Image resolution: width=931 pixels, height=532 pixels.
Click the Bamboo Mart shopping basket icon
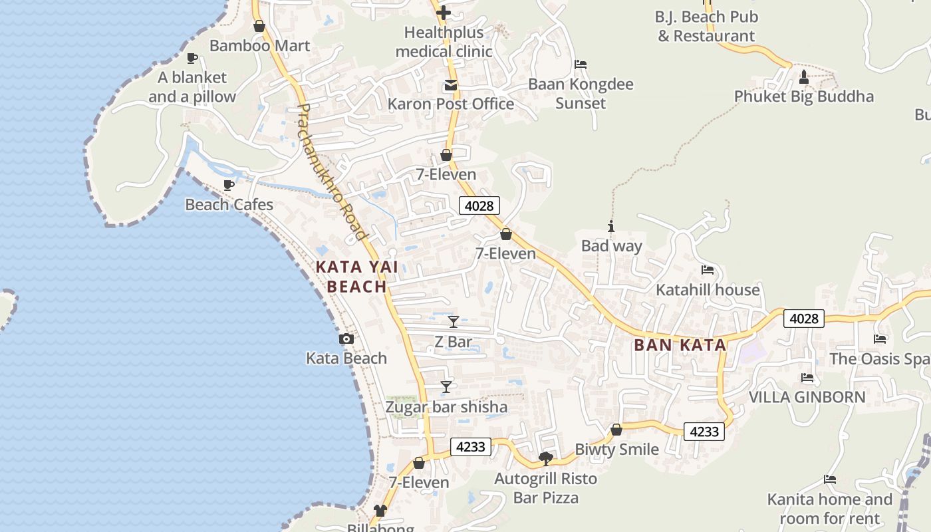259,27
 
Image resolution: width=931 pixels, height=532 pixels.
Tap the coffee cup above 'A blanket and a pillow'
192,59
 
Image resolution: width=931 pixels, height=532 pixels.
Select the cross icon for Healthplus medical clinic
444,13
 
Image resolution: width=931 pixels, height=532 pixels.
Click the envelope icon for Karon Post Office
451,85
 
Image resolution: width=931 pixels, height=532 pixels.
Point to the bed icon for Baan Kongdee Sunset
581,65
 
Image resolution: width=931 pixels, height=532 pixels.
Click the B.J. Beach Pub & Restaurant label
706,27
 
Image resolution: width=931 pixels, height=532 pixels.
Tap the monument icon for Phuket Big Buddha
803,77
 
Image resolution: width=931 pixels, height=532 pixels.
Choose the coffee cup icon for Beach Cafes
229,185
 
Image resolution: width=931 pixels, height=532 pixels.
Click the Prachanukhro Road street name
331,172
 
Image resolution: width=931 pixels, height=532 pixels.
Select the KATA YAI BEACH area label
357,277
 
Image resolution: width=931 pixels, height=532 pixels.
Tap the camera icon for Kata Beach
346,339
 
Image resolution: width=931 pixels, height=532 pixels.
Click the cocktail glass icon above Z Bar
454,322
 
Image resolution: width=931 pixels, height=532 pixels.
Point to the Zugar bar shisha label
446,407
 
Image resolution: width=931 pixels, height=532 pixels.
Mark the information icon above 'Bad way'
611,227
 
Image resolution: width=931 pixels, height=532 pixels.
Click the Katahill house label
708,290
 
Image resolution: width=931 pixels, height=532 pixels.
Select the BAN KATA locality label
680,345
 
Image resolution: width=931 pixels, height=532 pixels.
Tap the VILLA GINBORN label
807,397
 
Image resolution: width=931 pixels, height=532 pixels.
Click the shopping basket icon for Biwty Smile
616,430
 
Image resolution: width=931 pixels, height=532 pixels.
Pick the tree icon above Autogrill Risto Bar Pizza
545,459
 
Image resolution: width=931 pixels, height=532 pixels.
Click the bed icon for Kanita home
829,479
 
